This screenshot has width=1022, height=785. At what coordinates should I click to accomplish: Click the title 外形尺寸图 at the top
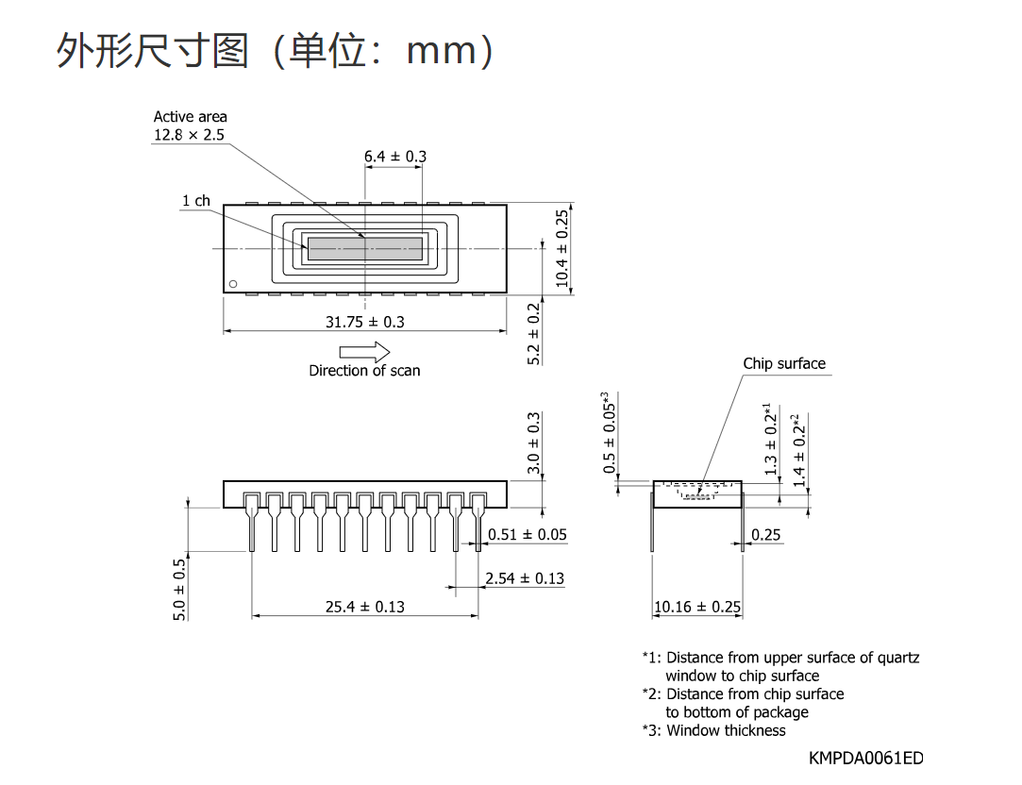pos(153,50)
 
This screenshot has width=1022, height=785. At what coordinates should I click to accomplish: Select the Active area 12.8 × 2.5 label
pos(190,125)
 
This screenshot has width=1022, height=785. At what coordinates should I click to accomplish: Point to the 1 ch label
pos(196,201)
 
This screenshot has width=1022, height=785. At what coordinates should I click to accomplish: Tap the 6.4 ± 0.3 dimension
pos(395,157)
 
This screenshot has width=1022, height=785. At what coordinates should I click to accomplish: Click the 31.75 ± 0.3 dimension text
pos(365,322)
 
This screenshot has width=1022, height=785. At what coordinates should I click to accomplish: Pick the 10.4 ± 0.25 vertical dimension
pos(561,248)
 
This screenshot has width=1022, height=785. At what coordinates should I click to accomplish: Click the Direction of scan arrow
pos(364,353)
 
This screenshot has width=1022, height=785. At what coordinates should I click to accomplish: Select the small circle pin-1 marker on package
pos(233,284)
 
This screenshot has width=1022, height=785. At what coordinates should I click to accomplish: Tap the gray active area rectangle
pos(365,248)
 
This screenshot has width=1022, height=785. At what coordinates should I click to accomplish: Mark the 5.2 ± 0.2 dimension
pos(534,334)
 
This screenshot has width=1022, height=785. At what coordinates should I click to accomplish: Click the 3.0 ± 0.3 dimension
pos(534,443)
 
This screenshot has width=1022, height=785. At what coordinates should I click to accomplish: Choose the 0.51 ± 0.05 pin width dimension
pos(528,535)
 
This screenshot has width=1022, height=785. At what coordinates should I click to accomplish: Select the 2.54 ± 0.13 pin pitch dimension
pos(525,578)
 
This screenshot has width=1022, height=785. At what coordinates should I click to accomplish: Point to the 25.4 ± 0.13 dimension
pos(365,608)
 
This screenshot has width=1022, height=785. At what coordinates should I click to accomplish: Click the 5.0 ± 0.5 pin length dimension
pos(179,590)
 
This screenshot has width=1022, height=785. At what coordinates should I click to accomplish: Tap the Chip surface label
pos(784,363)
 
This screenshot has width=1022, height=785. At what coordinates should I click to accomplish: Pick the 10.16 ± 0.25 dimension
pos(697,608)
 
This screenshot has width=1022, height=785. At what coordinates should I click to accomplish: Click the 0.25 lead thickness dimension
pos(766,535)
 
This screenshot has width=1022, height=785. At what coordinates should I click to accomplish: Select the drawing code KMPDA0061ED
pos(866,759)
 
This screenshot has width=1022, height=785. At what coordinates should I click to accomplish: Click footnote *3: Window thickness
pos(713,730)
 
